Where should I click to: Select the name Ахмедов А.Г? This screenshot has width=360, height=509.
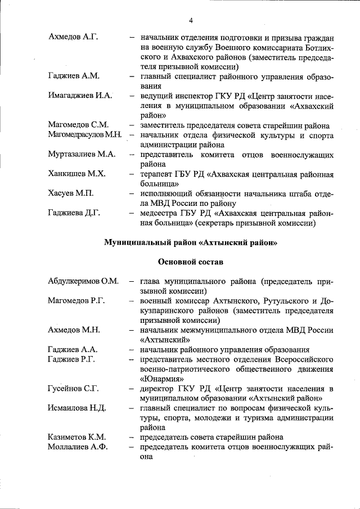pos(74,38)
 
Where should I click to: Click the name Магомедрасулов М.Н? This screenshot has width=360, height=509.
pos(85,135)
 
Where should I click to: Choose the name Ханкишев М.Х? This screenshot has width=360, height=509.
pos(77,174)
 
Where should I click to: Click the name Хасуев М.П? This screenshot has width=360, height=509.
pos(71,193)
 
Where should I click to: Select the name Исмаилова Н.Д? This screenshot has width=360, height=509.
pos(78,407)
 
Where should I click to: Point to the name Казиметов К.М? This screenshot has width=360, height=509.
pos(78,436)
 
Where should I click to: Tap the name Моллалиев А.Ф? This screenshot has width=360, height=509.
pos(78,447)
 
